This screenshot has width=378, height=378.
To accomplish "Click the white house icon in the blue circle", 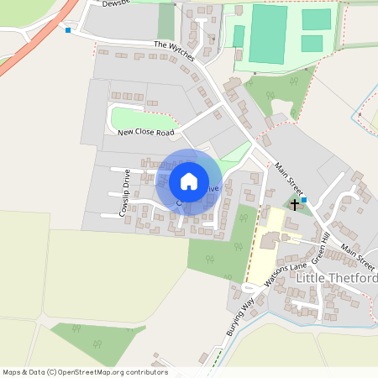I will click(x=189, y=181).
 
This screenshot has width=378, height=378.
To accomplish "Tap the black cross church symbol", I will click(x=295, y=204).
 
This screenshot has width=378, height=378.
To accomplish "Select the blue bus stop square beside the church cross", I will click(x=304, y=201).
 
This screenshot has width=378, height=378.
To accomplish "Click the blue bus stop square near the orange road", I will click(x=68, y=30).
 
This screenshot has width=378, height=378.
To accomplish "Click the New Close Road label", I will click(x=145, y=133).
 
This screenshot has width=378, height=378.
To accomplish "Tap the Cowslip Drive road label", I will click(x=124, y=194).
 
